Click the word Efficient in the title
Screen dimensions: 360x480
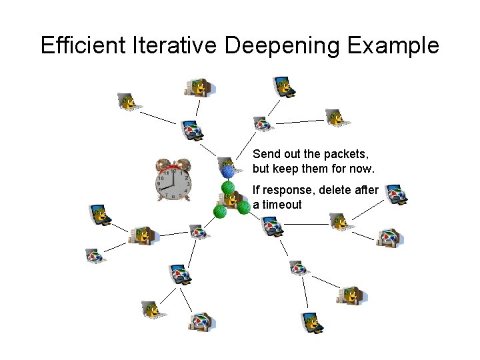[83, 45]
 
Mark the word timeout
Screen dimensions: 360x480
[282, 205]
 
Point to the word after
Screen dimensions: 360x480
[367, 190]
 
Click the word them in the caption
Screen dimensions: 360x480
[321, 169]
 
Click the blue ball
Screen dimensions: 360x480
[228, 171]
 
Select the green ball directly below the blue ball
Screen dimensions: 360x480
[228, 187]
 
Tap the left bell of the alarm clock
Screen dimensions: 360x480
[163, 165]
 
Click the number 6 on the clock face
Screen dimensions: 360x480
[173, 197]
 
